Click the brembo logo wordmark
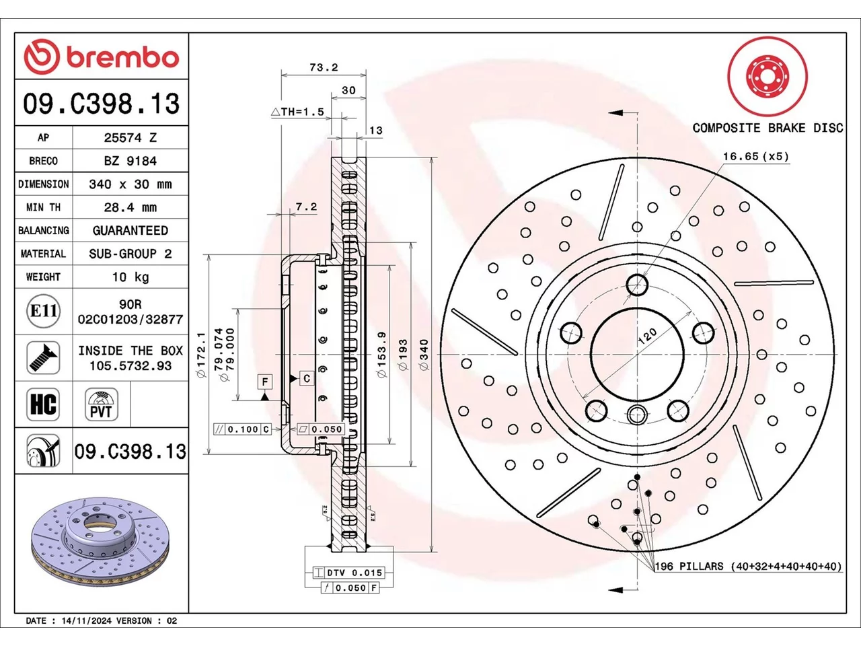[x=122, y=58]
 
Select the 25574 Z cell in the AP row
[x=130, y=138]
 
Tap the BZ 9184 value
[x=130, y=161]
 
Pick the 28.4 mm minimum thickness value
[x=130, y=207]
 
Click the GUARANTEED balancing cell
[x=130, y=230]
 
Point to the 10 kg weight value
[x=130, y=277]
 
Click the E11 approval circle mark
[x=44, y=311]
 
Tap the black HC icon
[x=43, y=404]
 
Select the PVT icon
[x=101, y=404]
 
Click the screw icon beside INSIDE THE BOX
[x=43, y=358]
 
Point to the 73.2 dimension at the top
[x=324, y=67]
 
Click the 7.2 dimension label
[x=306, y=207]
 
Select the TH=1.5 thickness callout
[x=298, y=112]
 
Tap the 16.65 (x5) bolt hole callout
[x=755, y=157]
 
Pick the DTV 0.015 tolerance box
[x=348, y=573]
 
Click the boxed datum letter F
[x=265, y=382]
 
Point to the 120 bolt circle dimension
[x=647, y=336]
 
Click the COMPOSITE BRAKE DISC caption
[x=768, y=128]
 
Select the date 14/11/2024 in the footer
[x=87, y=620]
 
